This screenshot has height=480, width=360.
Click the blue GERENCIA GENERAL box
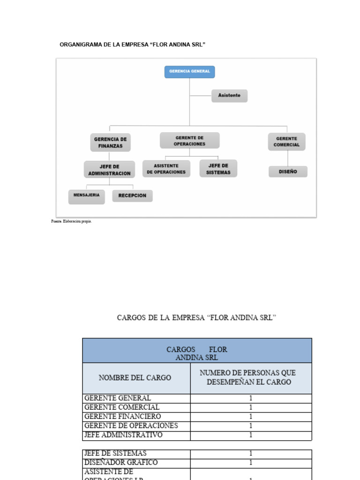click(x=189, y=72)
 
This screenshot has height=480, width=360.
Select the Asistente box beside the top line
click(x=229, y=96)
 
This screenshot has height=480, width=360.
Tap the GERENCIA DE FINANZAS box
click(x=110, y=142)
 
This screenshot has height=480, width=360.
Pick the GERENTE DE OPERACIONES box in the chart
click(x=189, y=141)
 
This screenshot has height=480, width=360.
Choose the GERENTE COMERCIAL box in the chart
click(x=286, y=142)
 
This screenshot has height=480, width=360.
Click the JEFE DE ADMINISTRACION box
click(x=109, y=170)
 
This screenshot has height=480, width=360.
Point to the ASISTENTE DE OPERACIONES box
click(x=166, y=169)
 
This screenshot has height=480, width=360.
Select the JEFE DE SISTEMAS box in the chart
click(x=218, y=169)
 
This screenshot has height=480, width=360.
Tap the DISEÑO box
click(x=288, y=172)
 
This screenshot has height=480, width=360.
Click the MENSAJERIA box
click(x=86, y=195)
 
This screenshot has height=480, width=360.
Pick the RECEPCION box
click(x=132, y=195)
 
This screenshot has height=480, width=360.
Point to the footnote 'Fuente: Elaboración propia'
click(x=71, y=222)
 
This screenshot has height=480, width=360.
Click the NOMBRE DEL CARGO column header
click(x=135, y=377)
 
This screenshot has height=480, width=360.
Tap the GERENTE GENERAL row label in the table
click(x=117, y=398)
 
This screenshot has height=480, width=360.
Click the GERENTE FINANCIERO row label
click(x=122, y=417)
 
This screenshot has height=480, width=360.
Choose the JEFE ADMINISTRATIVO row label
click(x=123, y=435)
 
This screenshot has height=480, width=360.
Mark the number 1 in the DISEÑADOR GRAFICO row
click(x=251, y=463)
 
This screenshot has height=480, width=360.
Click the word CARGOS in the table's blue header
click(x=181, y=350)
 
